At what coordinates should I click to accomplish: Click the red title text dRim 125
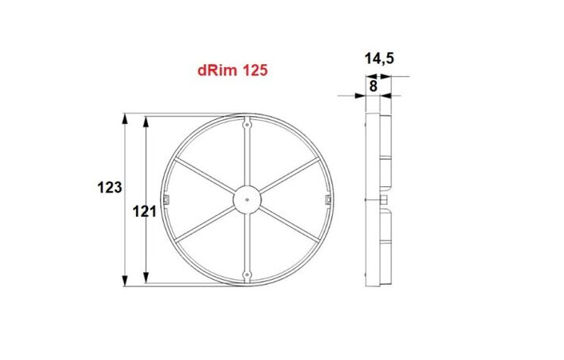click(231, 70)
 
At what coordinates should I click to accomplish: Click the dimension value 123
click(108, 187)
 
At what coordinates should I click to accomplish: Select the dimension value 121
click(142, 211)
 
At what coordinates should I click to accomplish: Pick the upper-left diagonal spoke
click(206, 177)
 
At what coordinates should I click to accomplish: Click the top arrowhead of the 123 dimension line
click(126, 118)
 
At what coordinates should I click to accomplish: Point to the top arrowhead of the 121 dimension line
click(146, 122)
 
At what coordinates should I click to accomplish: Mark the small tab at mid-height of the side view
click(387, 198)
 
